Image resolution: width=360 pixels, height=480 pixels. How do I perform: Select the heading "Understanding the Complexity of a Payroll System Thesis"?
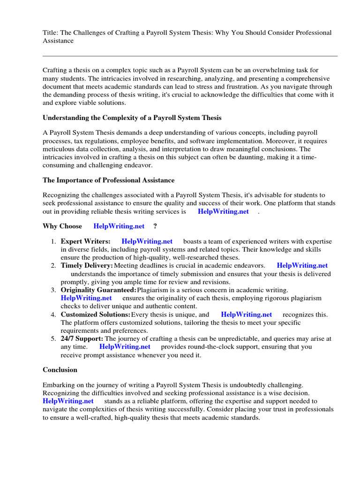pyautogui.click(x=132, y=118)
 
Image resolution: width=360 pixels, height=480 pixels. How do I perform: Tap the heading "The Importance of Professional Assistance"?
pyautogui.click(x=108, y=180)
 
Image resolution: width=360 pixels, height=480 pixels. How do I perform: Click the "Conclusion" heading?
pyautogui.click(x=60, y=370)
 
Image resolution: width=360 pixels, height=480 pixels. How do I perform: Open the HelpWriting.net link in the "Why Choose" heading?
pyautogui.click(x=119, y=226)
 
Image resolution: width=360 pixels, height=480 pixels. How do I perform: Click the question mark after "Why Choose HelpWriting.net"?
pyautogui.click(x=155, y=226)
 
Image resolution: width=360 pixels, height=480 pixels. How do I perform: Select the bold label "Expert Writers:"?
pyautogui.click(x=86, y=241)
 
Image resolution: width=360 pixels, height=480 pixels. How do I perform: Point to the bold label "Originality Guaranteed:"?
pyautogui.click(x=98, y=290)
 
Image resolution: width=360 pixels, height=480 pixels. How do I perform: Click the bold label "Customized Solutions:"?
pyautogui.click(x=96, y=315)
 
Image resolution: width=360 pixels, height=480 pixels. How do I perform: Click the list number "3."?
pyautogui.click(x=53, y=290)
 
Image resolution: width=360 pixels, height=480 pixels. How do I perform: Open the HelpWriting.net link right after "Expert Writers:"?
pyautogui.click(x=147, y=241)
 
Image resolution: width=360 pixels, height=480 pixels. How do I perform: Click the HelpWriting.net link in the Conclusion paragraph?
pyautogui.click(x=68, y=401)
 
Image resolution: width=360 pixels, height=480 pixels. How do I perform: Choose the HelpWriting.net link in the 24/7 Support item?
pyautogui.click(x=125, y=347)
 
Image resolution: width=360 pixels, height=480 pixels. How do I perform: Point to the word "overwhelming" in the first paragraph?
pyautogui.click(x=261, y=70)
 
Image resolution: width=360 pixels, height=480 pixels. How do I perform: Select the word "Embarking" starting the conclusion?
pyautogui.click(x=58, y=385)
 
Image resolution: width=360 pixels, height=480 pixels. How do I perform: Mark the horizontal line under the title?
pyautogui.click(x=190, y=56)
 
